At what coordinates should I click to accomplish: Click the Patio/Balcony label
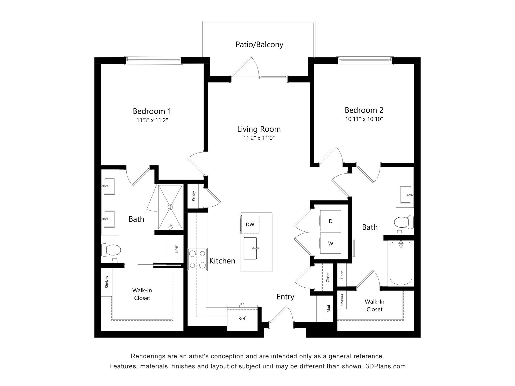259,44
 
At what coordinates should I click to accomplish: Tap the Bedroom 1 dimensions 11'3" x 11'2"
152,120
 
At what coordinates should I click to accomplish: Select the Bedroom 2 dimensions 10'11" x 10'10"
364,119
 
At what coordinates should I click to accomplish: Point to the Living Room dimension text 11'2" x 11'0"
259,138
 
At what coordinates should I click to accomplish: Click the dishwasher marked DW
250,225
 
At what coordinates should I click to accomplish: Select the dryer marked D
330,221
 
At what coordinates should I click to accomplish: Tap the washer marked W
330,243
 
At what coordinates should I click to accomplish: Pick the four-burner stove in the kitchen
198,259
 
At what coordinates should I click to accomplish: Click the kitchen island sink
250,248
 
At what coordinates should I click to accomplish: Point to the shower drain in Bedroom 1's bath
170,207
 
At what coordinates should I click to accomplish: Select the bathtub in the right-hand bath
401,263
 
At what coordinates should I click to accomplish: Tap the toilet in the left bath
111,250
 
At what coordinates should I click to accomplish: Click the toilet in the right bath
404,222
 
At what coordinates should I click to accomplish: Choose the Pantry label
193,196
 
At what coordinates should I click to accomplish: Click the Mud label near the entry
329,309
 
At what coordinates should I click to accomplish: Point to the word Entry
285,297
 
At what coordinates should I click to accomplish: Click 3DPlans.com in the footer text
385,366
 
